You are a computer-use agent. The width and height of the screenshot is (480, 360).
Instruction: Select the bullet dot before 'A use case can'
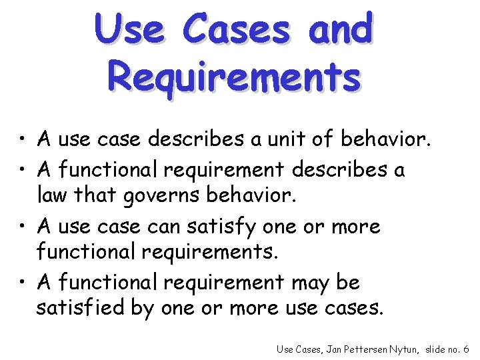tap(24, 227)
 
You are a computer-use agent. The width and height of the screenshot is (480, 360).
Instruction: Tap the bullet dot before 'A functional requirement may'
tap(24, 283)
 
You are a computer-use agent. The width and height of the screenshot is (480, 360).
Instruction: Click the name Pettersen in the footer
tap(356, 349)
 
